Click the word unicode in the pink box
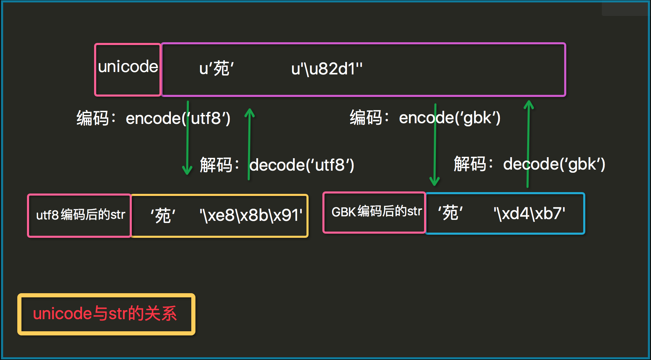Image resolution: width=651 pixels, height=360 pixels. tap(128, 67)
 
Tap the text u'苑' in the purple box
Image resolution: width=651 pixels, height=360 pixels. tap(217, 68)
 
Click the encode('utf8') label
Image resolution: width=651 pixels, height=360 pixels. tap(178, 118)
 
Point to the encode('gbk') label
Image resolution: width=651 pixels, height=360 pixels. tap(450, 118)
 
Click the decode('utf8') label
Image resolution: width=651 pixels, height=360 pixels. tap(302, 165)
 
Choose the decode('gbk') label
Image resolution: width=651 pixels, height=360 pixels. tap(554, 164)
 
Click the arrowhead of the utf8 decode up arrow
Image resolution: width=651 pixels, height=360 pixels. tap(249, 112)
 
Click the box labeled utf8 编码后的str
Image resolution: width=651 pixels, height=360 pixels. tap(80, 215)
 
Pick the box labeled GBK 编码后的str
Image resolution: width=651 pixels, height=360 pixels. tap(375, 212)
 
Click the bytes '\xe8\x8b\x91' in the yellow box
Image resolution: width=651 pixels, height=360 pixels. tap(251, 215)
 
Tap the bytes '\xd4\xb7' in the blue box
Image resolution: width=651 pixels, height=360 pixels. tap(529, 214)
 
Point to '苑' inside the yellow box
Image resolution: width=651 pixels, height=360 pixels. tap(163, 216)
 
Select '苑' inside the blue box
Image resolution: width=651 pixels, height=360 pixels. tap(450, 213)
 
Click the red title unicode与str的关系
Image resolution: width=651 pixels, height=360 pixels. tap(105, 314)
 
